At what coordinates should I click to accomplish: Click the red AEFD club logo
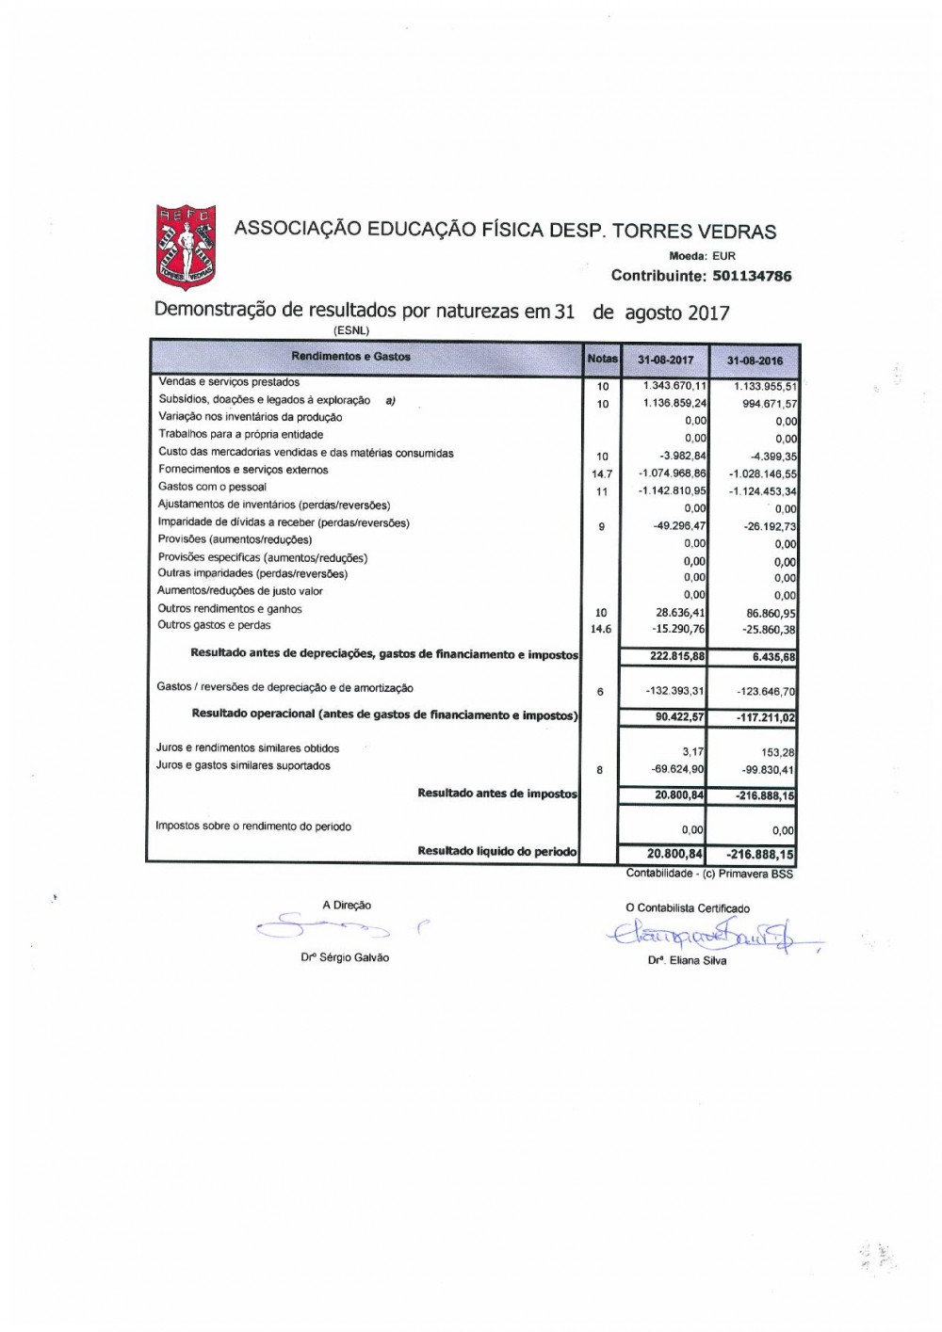pyautogui.click(x=187, y=247)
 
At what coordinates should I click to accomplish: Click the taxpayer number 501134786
pyautogui.click(x=752, y=277)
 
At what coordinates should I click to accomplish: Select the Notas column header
pyautogui.click(x=602, y=359)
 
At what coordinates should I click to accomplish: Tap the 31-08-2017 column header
pyautogui.click(x=665, y=360)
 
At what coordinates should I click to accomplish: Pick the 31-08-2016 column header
pyautogui.click(x=755, y=361)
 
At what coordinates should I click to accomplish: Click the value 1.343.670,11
pyautogui.click(x=674, y=385)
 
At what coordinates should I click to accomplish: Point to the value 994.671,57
pyautogui.click(x=766, y=404)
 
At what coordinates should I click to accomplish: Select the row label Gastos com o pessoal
pyautogui.click(x=212, y=488)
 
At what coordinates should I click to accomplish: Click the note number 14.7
pyautogui.click(x=601, y=474)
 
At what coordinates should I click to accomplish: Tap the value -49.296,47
pyautogui.click(x=679, y=526)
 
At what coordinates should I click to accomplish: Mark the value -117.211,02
pyautogui.click(x=765, y=718)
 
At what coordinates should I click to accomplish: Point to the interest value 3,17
pyautogui.click(x=695, y=751)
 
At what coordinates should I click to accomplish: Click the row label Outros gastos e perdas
pyautogui.click(x=214, y=626)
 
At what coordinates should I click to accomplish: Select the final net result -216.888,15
pyautogui.click(x=760, y=854)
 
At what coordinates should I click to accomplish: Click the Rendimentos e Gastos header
pyautogui.click(x=350, y=358)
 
